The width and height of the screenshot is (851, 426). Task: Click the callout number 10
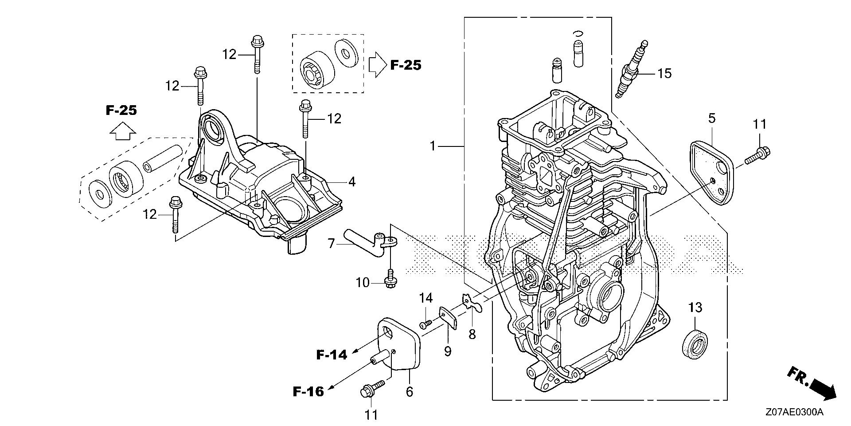click(363, 282)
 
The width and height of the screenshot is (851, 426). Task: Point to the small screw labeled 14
click(425, 324)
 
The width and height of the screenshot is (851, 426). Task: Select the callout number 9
click(448, 351)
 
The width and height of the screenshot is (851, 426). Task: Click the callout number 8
click(472, 333)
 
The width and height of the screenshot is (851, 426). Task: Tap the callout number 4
click(351, 181)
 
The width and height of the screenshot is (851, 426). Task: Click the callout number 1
click(433, 146)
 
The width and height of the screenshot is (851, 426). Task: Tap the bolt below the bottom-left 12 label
click(175, 221)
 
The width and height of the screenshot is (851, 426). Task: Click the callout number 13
click(695, 307)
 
